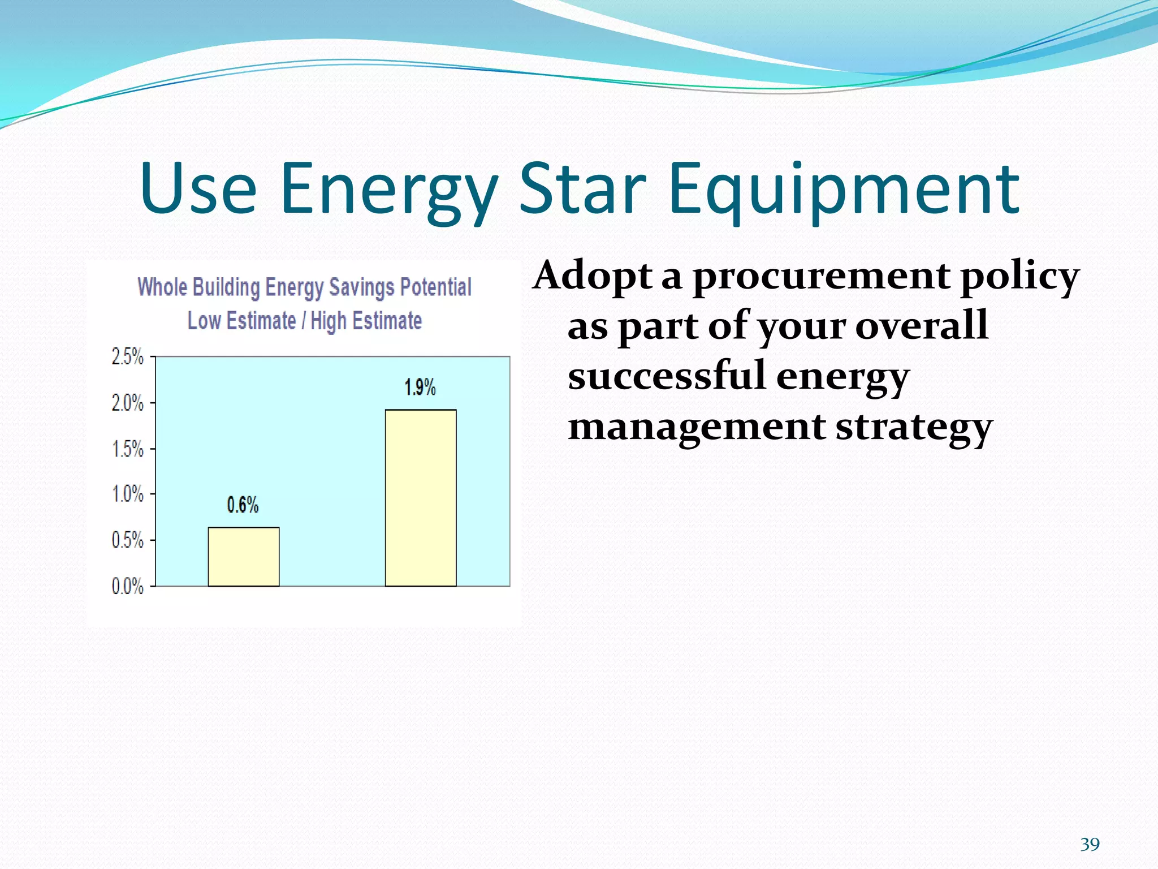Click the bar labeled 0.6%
click(243, 557)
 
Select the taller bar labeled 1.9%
click(421, 498)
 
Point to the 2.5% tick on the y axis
click(127, 357)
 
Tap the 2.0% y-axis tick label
click(127, 403)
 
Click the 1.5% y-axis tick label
click(127, 449)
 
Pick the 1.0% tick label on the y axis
click(127, 494)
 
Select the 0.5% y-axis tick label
click(127, 540)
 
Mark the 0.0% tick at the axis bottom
click(127, 586)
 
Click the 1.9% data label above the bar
click(420, 388)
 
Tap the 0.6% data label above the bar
click(243, 505)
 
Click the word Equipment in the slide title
click(844, 190)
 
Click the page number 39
click(1090, 845)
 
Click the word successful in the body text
click(667, 376)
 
